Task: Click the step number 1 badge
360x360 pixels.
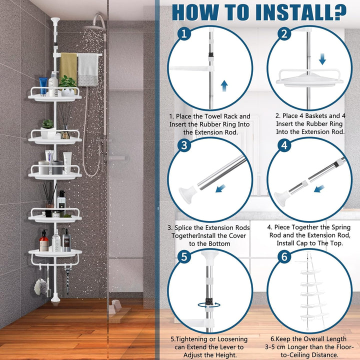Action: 184,34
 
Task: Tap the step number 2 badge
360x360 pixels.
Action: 284,34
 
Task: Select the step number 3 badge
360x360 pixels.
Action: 184,145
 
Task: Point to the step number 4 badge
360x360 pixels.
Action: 284,145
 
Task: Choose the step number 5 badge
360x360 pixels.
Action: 184,256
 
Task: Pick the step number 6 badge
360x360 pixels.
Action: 284,256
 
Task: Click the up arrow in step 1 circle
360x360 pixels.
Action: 224,86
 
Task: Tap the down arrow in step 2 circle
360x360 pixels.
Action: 322,59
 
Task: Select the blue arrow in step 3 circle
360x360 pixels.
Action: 220,188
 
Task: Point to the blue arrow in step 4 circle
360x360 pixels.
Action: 319,188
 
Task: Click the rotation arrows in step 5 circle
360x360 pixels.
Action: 209,305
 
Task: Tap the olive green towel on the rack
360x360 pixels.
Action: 68,66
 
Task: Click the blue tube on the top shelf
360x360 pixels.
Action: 43,86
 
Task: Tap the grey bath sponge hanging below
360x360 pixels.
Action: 40,287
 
